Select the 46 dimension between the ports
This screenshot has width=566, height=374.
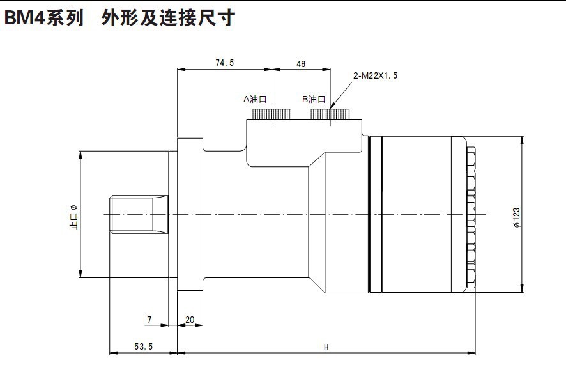coord(301,64)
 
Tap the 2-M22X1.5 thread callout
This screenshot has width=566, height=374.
coord(376,75)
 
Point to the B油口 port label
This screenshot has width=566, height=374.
coord(314,99)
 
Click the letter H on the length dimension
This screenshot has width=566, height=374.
coord(326,347)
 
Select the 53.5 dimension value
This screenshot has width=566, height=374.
coord(143,347)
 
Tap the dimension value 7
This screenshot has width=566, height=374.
coord(149,319)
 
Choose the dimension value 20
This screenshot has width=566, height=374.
coord(190,319)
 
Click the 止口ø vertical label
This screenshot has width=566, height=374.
coord(73,216)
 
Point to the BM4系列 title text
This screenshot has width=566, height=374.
coord(43,18)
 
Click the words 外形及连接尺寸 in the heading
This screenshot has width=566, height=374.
coord(167,18)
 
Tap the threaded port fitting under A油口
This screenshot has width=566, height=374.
coord(272,114)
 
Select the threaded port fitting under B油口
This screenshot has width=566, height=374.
coord(330,114)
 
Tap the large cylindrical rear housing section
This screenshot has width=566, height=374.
coord(415,214)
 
